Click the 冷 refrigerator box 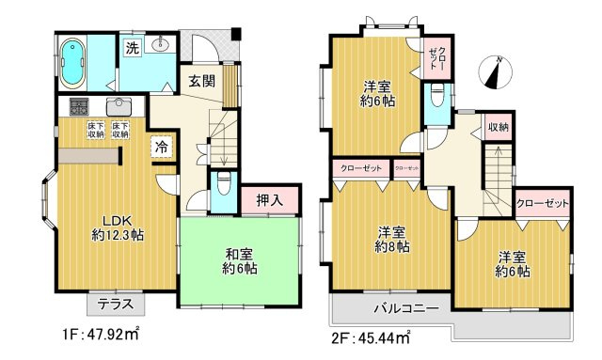(x=162, y=147)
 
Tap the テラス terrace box (x=116, y=304)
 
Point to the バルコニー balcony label (x=406, y=309)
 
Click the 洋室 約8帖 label (x=392, y=240)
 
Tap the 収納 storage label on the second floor (x=498, y=127)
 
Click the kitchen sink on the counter (x=119, y=105)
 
